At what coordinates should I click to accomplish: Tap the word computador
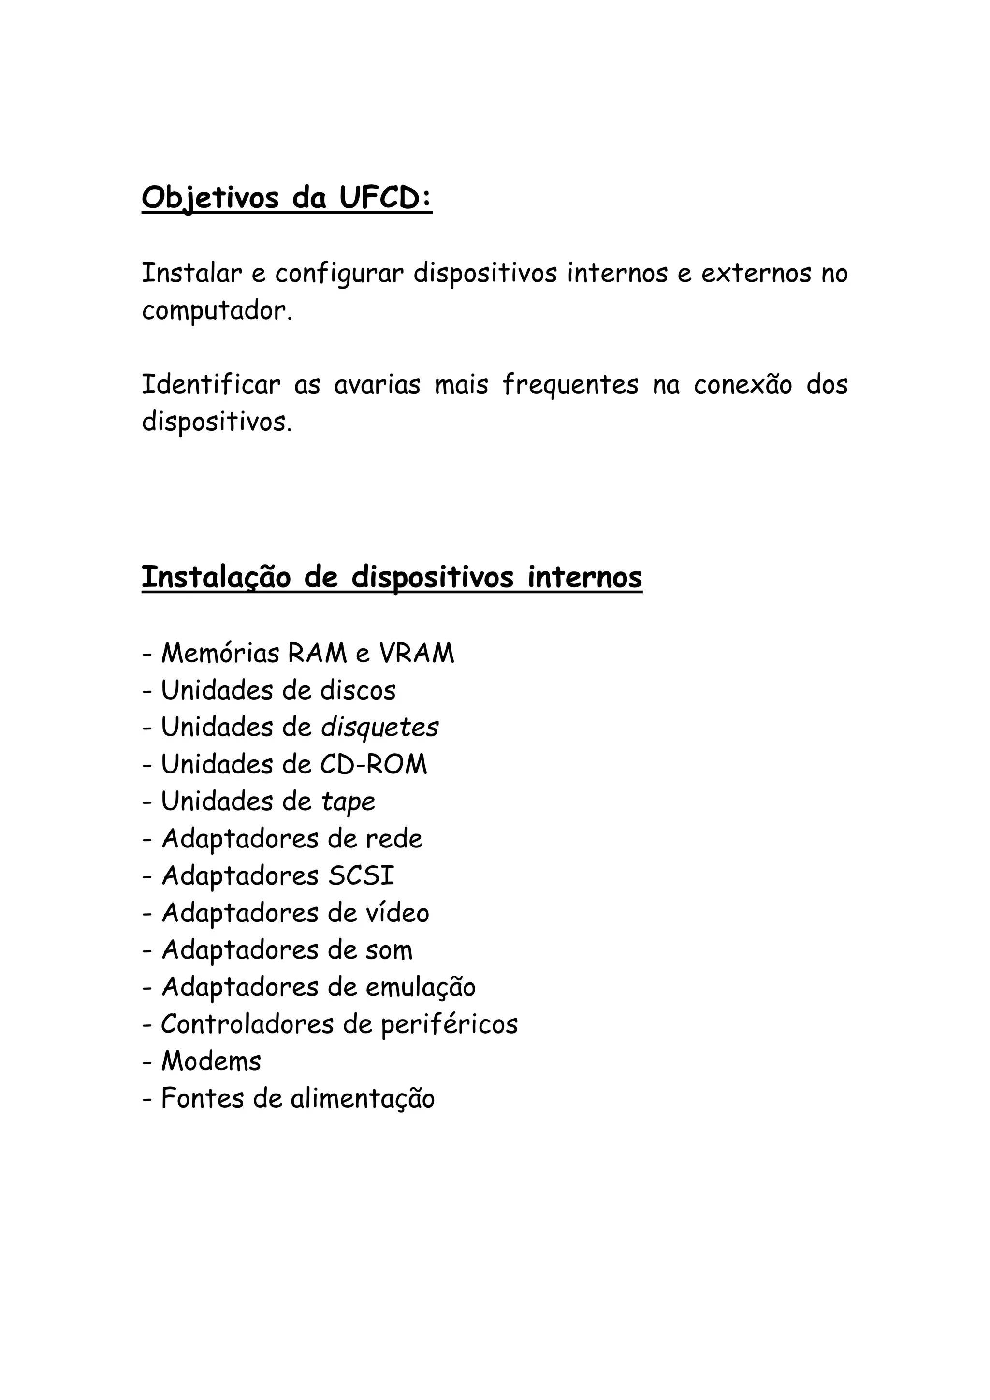point(217,312)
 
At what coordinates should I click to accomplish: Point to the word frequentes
point(570,385)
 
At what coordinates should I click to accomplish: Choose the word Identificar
point(211,385)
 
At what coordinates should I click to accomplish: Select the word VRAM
point(417,654)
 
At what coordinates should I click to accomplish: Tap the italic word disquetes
point(379,728)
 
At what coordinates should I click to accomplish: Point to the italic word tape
point(348,802)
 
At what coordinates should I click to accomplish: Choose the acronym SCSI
point(362,876)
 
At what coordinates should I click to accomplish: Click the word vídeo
point(397,913)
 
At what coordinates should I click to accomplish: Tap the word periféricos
point(449,1024)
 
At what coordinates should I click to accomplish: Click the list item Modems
point(211,1062)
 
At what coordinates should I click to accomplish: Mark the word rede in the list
point(394,839)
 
